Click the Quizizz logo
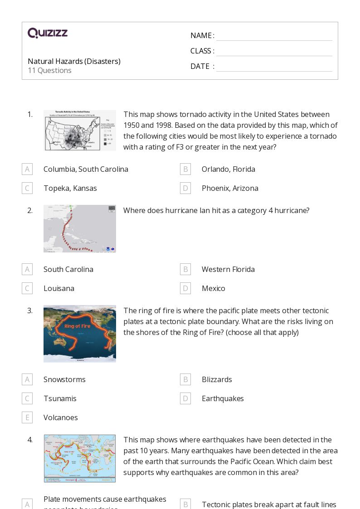tap(48, 33)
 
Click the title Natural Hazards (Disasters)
tap(74, 61)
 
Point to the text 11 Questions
tap(49, 70)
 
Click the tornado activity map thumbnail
tap(80, 131)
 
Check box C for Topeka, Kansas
tap(27, 188)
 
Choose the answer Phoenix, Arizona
tap(230, 188)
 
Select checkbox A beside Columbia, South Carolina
tap(27, 169)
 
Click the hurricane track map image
tap(80, 228)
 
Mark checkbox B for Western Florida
tap(185, 269)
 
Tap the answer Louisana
tap(59, 288)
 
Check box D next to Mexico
tap(185, 288)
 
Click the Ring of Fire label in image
tap(78, 326)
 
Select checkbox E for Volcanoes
tap(27, 417)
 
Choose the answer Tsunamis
tap(60, 398)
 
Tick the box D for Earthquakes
tap(185, 398)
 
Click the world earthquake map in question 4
tap(80, 458)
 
